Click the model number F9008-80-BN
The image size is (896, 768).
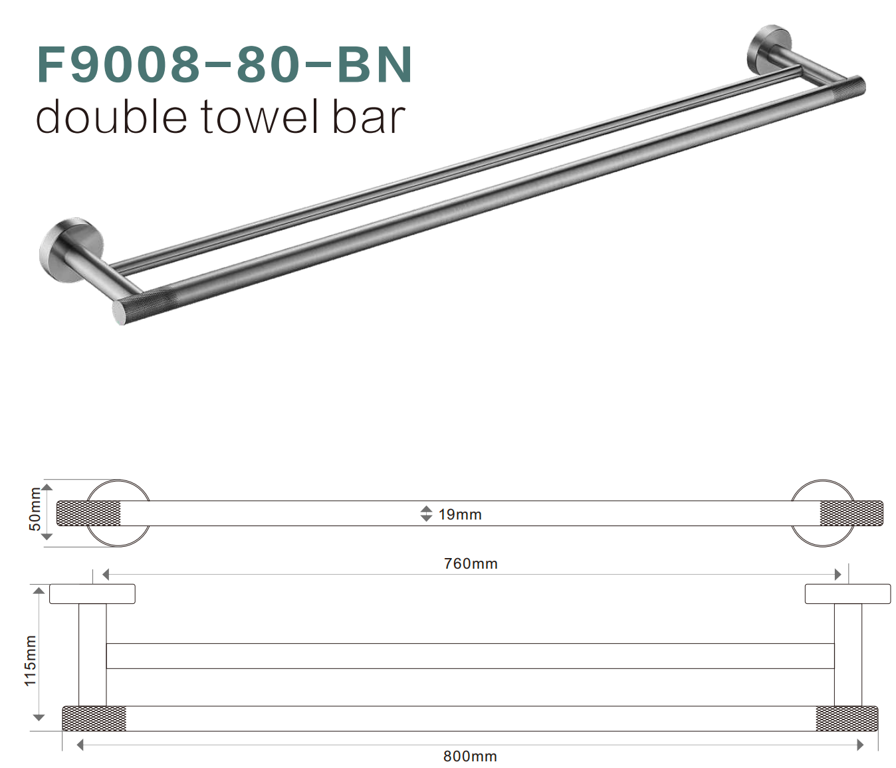225,64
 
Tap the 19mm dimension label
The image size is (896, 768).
460,514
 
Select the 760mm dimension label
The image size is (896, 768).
471,563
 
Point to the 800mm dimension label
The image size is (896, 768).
470,756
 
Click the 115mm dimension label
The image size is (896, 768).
31,660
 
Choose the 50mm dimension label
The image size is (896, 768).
35,510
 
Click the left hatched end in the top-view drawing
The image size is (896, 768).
88,514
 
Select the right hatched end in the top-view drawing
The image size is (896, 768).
851,514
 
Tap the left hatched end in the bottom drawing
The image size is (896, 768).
94,719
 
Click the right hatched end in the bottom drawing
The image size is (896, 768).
847,719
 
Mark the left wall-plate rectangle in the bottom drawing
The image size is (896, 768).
92,594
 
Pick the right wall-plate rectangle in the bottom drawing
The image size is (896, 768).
847,594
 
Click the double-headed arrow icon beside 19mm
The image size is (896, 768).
427,514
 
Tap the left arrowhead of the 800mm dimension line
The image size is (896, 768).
80,745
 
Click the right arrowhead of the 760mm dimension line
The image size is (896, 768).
838,574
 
